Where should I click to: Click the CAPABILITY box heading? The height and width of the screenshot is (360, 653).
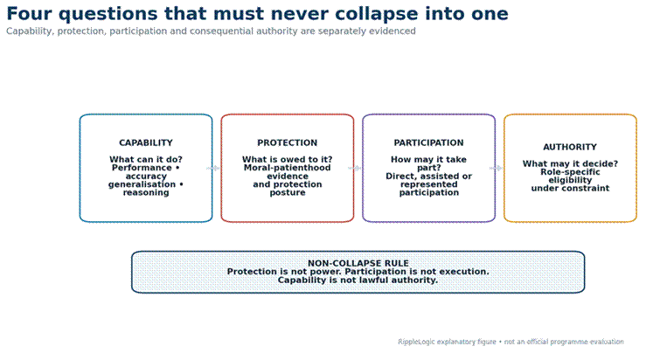tap(146, 142)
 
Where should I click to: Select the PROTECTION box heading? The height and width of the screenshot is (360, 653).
tap(288, 142)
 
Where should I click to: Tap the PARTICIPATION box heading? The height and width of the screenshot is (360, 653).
tap(428, 142)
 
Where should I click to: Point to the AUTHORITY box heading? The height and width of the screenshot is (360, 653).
tap(570, 147)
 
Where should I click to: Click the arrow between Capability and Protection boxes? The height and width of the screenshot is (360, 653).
tap(213, 168)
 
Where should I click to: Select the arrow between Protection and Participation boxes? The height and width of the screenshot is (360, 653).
tap(354, 168)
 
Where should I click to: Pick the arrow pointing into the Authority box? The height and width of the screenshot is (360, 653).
tap(496, 168)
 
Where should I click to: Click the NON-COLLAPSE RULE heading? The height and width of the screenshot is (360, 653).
tap(358, 263)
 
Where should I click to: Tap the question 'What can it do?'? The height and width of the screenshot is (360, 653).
tap(146, 159)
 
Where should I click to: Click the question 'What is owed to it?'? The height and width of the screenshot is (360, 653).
tap(288, 159)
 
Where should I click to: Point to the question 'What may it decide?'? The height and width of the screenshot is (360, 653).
tap(570, 163)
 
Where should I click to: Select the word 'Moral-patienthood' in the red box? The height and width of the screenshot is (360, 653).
tap(288, 168)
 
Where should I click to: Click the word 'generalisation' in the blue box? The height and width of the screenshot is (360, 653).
tap(142, 184)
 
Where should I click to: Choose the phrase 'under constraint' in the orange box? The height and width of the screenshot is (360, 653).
tap(570, 188)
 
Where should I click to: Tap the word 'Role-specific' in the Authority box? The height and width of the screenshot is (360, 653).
tap(570, 172)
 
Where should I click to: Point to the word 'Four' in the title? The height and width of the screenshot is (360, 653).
tap(30, 14)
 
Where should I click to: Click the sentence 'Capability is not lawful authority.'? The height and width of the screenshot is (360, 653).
tap(358, 280)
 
